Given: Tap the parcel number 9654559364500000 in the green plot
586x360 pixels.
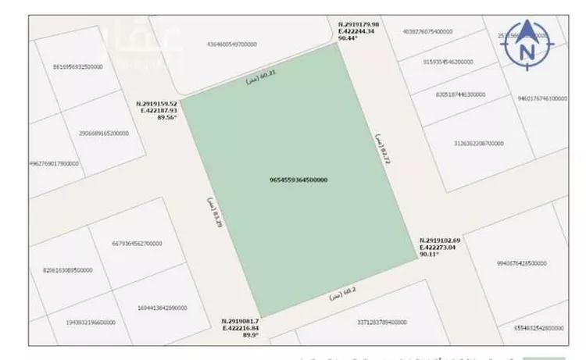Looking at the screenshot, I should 298,180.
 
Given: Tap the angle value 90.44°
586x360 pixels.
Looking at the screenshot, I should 348,37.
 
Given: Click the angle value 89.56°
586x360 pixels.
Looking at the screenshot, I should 167,118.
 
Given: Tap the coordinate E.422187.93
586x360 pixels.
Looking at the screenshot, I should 160,110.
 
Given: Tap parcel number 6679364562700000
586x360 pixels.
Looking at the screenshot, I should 138,243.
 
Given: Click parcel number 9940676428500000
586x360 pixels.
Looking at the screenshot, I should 515,263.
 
